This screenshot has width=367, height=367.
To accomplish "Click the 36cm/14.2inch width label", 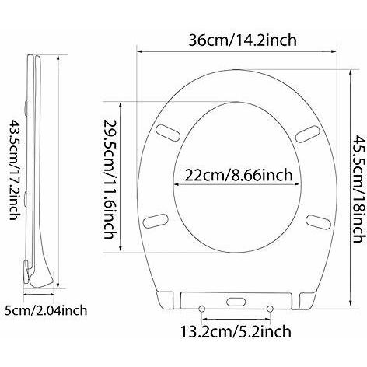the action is (x=243, y=40).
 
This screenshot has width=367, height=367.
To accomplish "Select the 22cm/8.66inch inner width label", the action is (x=239, y=175).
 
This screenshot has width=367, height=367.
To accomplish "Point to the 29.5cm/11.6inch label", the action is (x=110, y=179).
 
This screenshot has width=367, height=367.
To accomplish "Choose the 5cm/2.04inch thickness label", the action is (x=46, y=310).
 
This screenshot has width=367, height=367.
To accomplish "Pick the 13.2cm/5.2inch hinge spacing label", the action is (x=236, y=331).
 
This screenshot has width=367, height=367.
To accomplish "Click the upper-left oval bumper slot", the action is (x=169, y=132).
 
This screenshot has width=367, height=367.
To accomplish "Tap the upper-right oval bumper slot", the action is (x=308, y=134).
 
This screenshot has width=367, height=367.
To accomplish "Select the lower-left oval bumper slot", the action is (x=156, y=221).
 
